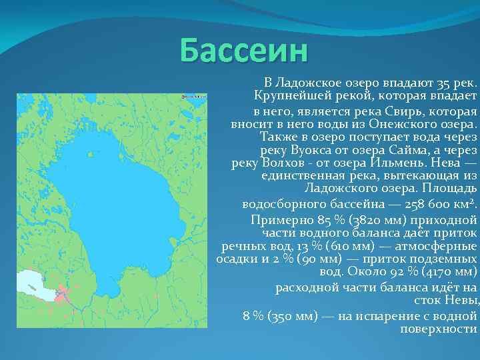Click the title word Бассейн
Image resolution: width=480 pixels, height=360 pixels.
coord(244,51)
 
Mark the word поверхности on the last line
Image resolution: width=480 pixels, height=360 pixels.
coord(439,329)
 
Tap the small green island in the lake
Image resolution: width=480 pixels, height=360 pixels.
coord(90,154)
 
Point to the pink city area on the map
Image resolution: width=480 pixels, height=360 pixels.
coord(63,293)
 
